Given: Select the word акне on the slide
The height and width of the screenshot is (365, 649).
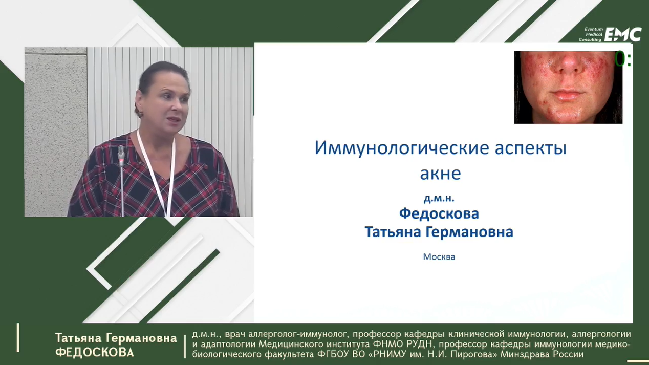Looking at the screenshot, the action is (440, 174).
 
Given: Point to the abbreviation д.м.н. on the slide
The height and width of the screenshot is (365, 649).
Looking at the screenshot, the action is (439, 198).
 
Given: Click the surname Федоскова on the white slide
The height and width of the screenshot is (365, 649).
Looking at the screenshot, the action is (439, 214).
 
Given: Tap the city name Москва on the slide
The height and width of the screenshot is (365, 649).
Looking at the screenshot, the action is (439, 257).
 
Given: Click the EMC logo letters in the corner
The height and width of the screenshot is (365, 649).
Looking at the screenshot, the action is (623, 35).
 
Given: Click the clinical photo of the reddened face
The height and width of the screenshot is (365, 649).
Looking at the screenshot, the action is (568, 87).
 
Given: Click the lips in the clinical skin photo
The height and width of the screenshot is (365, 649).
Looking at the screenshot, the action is (565, 96).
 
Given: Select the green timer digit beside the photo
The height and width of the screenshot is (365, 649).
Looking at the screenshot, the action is (620, 59).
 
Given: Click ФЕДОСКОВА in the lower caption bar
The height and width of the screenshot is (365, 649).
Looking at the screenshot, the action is (95, 352).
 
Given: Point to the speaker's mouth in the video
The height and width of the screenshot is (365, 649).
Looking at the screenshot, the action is (175, 119).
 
